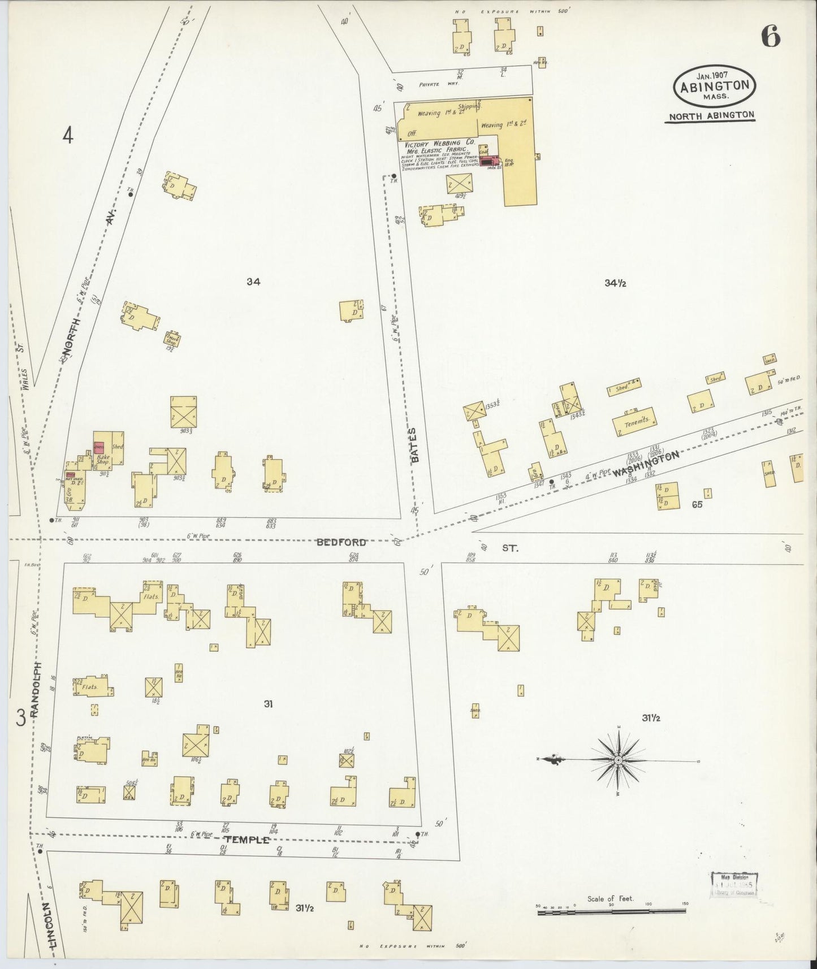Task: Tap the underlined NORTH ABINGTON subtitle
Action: tap(711, 115)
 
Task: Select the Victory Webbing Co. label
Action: tap(439, 144)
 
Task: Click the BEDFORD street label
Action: tap(341, 542)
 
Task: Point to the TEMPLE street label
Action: tap(248, 840)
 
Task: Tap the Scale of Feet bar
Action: tap(612, 911)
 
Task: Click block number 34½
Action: tap(615, 284)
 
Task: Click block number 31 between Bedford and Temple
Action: tap(269, 704)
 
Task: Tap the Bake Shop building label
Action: tap(102, 459)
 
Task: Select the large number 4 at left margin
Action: tap(68, 136)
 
